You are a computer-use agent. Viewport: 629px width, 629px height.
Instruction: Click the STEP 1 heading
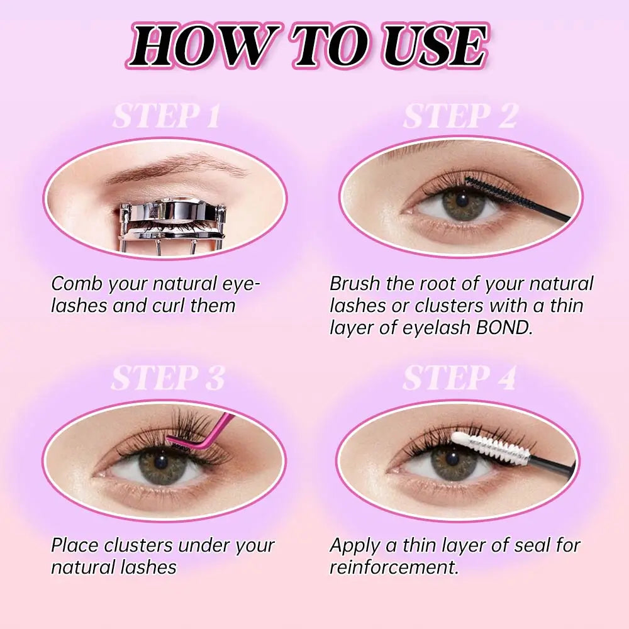coord(166,116)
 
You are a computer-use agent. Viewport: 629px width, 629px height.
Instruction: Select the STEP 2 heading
coord(460,116)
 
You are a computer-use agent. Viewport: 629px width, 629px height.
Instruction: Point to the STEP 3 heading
coord(168,378)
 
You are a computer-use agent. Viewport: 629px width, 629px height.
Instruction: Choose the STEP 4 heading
coord(459,378)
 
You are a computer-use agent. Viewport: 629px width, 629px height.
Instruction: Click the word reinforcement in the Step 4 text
coord(394,567)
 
